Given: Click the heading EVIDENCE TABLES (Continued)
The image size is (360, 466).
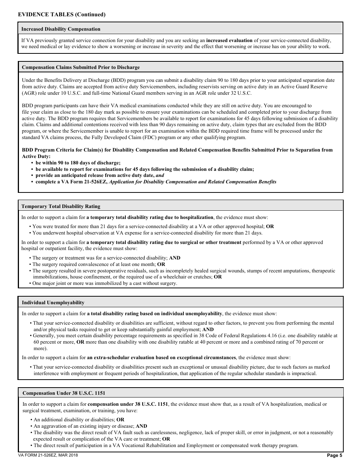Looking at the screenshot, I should [x=62, y=15].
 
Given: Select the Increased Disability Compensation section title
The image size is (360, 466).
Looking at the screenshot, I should [x=61, y=29].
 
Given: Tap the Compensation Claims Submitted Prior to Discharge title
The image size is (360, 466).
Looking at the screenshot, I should [x=81, y=67].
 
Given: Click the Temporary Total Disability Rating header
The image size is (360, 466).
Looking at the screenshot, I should [x=61, y=206].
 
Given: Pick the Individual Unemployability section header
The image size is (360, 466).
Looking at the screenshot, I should [x=53, y=303].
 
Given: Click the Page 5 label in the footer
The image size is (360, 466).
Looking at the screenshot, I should [x=334, y=455].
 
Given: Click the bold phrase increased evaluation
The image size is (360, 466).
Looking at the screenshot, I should [x=229, y=41].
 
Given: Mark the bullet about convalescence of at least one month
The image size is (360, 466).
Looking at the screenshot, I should [x=99, y=264].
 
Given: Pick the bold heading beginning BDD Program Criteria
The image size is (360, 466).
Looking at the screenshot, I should [x=177, y=150].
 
